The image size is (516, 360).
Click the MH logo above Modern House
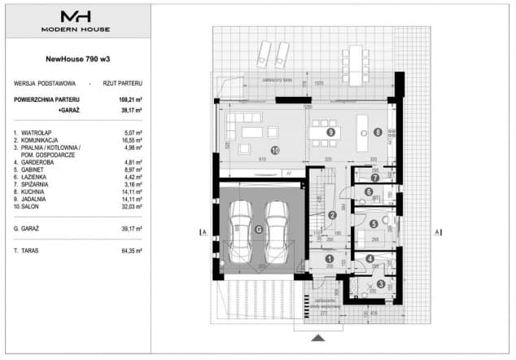[76, 15]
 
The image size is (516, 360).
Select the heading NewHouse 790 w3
[76, 58]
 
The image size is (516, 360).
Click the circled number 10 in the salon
[275, 150]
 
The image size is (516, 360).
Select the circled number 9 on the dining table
[330, 131]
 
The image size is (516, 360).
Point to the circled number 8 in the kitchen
[378, 131]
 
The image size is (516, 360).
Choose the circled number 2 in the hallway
[332, 215]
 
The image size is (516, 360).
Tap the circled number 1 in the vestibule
[329, 259]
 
